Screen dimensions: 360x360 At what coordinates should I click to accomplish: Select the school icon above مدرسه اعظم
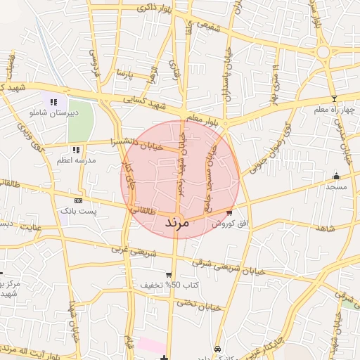pyautogui.click(x=76, y=150)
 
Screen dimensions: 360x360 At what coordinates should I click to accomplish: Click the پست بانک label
pyautogui.click(x=77, y=210)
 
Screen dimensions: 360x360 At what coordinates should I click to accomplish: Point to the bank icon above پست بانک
pyautogui.click(x=77, y=200)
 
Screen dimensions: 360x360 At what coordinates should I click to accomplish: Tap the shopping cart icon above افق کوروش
pyautogui.click(x=230, y=212)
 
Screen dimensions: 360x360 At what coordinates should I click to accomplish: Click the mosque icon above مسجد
pyautogui.click(x=336, y=176)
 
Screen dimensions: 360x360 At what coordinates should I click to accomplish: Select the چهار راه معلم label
pyautogui.click(x=337, y=109)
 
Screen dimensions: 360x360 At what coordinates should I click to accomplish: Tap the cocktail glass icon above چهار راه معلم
pyautogui.click(x=334, y=98)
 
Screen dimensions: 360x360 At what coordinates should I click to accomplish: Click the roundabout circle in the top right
pyautogui.click(x=324, y=51)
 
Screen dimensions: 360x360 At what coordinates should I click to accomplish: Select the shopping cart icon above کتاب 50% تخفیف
pyautogui.click(x=169, y=275)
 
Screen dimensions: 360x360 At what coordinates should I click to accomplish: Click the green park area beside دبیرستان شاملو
pyautogui.click(x=81, y=120)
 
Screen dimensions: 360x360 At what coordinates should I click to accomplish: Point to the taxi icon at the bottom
pyautogui.click(x=218, y=349)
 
